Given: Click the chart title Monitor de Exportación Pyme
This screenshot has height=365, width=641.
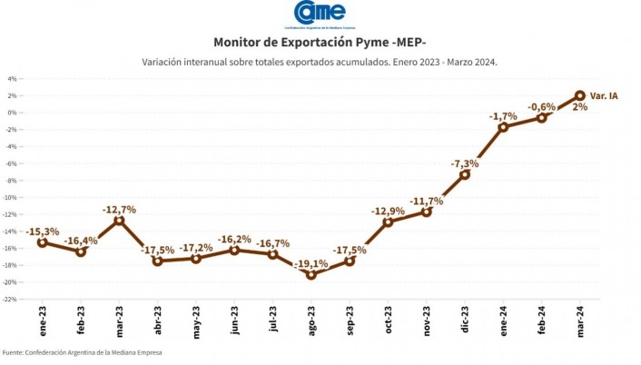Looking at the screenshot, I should [x=320, y=42].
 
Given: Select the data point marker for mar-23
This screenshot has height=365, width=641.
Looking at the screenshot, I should [x=119, y=221].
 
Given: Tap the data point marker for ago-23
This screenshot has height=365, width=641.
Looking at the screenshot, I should [x=311, y=274].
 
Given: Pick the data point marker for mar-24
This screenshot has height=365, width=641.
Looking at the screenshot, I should [x=580, y=95].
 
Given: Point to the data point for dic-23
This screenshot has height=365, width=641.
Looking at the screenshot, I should [x=465, y=174].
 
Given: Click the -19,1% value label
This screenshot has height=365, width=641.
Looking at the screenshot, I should [x=311, y=263].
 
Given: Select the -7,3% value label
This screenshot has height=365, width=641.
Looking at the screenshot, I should [x=465, y=163].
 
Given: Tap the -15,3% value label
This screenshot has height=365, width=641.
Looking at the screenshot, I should [x=43, y=232].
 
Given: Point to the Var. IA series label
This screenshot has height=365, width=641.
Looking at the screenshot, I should [x=604, y=95].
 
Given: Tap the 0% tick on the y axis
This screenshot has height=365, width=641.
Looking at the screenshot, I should [x=13, y=112].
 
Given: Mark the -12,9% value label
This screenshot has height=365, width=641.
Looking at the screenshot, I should [x=388, y=212].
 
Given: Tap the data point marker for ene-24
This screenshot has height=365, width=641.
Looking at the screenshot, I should [x=503, y=127].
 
